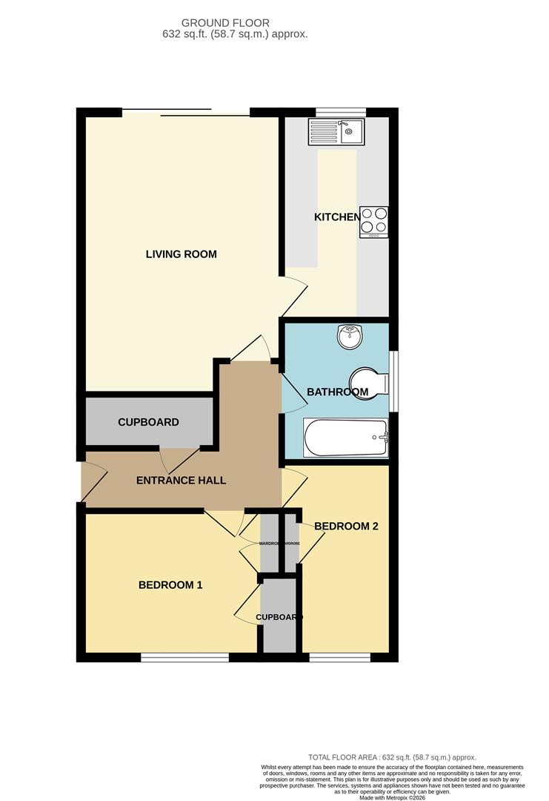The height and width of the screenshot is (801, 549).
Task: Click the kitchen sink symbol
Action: pos(336,133)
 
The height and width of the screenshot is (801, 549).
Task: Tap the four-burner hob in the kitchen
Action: pos(373,221)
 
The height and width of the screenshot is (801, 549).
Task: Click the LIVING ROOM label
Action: pos(181,254)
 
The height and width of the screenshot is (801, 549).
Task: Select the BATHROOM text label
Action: pos(337,392)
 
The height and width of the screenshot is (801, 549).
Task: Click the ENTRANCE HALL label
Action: pos(181,481)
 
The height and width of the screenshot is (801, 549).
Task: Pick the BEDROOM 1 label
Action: pos(170,585)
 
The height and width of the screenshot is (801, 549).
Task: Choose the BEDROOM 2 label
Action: pos(346,527)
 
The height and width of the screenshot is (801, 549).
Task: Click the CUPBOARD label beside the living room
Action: pos(148,422)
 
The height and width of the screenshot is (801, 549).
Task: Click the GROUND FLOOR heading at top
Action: pos(225,24)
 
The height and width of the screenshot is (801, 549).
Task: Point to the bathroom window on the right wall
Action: pos(393,380)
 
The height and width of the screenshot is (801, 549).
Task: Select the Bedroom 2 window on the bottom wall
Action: pos(339,657)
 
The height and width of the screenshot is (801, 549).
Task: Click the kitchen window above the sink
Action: pos(341,112)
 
